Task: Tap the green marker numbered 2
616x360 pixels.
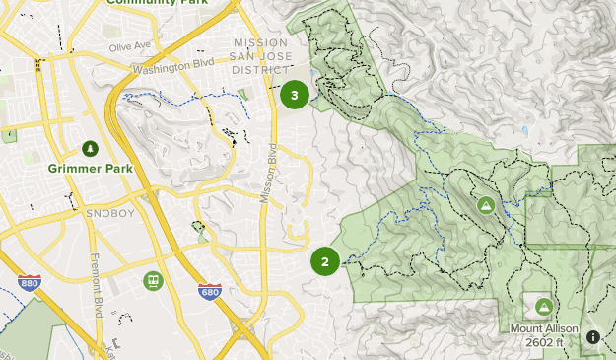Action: click(325, 261)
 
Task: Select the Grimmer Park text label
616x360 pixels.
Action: click(90, 169)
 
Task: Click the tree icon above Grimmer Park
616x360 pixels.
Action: click(90, 149)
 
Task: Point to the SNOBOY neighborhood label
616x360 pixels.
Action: click(104, 211)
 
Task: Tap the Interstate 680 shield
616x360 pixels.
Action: click(209, 291)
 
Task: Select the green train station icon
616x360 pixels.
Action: click(153, 281)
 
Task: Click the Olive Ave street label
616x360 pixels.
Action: click(130, 46)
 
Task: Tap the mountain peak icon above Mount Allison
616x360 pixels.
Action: click(543, 306)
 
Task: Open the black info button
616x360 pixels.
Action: click(593, 337)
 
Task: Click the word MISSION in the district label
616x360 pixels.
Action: click(260, 42)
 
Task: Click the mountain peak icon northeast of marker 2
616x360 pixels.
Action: click(485, 205)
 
